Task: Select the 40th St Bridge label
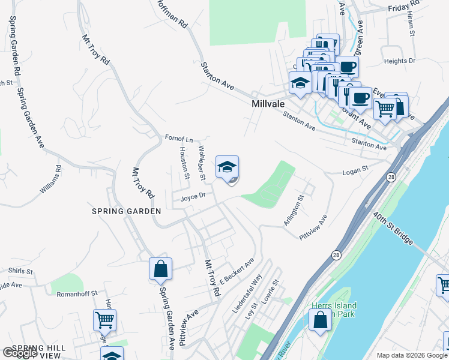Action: [x=393, y=227]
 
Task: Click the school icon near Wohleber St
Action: [x=227, y=167]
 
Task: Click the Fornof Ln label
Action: [x=179, y=139]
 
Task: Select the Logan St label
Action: [x=354, y=171]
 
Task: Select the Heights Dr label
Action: [x=399, y=61]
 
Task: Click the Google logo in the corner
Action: [x=19, y=353]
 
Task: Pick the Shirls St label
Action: [x=20, y=271]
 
